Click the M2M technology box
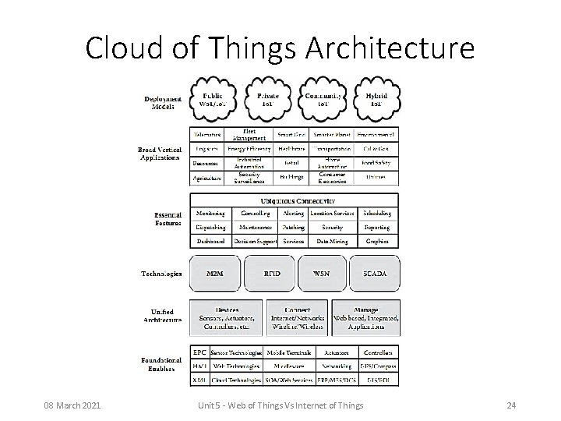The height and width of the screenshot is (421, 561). pyautogui.click(x=214, y=274)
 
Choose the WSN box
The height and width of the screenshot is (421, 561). pyautogui.click(x=321, y=274)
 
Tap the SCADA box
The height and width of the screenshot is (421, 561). pyautogui.click(x=376, y=274)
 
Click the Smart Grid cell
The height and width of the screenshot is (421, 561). pyautogui.click(x=290, y=134)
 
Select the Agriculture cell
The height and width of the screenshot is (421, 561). pyautogui.click(x=207, y=178)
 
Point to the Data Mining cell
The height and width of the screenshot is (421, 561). pyautogui.click(x=332, y=242)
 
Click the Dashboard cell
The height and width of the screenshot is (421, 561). pyautogui.click(x=210, y=242)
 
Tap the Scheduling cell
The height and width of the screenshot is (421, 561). pyautogui.click(x=377, y=213)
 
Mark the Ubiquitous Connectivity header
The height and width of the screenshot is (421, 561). pyautogui.click(x=294, y=200)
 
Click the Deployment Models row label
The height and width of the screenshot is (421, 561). pyautogui.click(x=164, y=102)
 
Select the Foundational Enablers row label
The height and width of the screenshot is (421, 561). pyautogui.click(x=162, y=365)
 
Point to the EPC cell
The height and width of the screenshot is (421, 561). pyautogui.click(x=199, y=352)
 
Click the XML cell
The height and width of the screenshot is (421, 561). pyautogui.click(x=199, y=380)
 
